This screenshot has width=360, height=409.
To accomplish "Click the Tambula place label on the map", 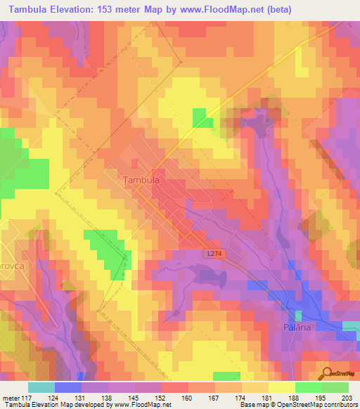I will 142,180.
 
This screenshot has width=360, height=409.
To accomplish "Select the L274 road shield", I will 216,254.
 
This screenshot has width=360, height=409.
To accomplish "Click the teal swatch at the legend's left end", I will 41,387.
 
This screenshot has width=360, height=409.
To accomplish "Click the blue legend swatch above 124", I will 68,387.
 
